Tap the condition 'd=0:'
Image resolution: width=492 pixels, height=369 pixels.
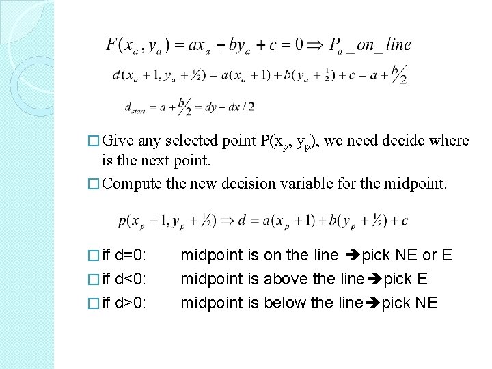(x=133, y=255)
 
